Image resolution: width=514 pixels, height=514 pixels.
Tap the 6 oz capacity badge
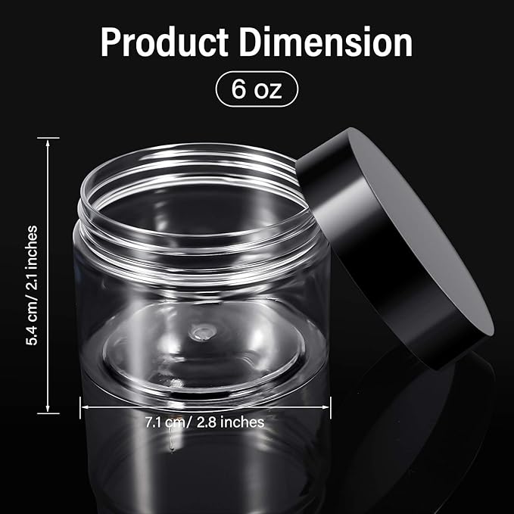click(257, 89)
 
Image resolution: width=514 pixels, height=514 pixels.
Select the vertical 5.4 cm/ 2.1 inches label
click(31, 285)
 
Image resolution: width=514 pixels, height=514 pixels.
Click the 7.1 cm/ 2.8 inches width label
click(205, 422)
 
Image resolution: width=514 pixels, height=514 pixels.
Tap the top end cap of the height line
click(48, 139)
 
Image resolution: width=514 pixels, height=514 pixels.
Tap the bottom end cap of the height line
click(48, 413)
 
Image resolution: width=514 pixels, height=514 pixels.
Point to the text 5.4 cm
click(31, 322)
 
